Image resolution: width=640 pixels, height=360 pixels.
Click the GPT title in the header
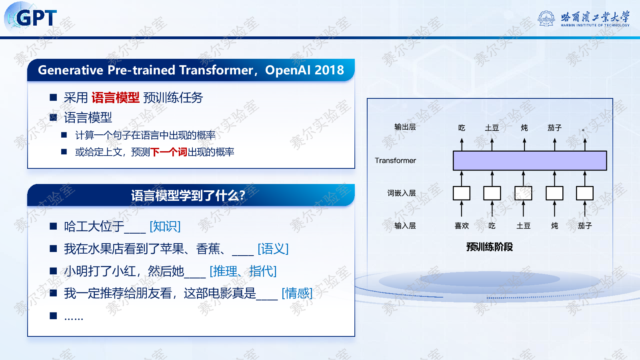[36, 18]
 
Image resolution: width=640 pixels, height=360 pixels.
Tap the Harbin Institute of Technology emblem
[546, 18]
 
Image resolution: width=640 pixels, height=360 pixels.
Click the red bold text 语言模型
[116, 98]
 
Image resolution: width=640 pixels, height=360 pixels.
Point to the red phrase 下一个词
[168, 152]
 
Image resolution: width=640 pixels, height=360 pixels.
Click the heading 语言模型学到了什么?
[188, 196]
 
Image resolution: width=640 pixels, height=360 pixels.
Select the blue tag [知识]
[165, 226]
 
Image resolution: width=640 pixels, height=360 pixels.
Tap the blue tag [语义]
[273, 248]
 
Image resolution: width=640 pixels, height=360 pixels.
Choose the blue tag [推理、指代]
[243, 271]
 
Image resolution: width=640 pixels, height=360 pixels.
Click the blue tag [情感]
[297, 293]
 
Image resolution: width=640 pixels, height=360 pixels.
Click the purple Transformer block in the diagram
[530, 160]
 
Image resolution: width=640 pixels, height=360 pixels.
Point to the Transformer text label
[396, 160]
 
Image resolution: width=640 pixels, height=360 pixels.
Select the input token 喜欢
[462, 226]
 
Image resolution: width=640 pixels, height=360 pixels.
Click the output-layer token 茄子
[554, 128]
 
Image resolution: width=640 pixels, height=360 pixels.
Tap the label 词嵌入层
[402, 193]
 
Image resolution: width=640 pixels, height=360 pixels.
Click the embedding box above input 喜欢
[462, 193]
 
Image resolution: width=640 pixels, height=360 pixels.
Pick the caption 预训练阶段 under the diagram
[490, 247]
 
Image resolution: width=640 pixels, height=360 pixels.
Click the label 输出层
[405, 127]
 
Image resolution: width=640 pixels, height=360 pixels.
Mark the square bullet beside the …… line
[53, 316]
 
